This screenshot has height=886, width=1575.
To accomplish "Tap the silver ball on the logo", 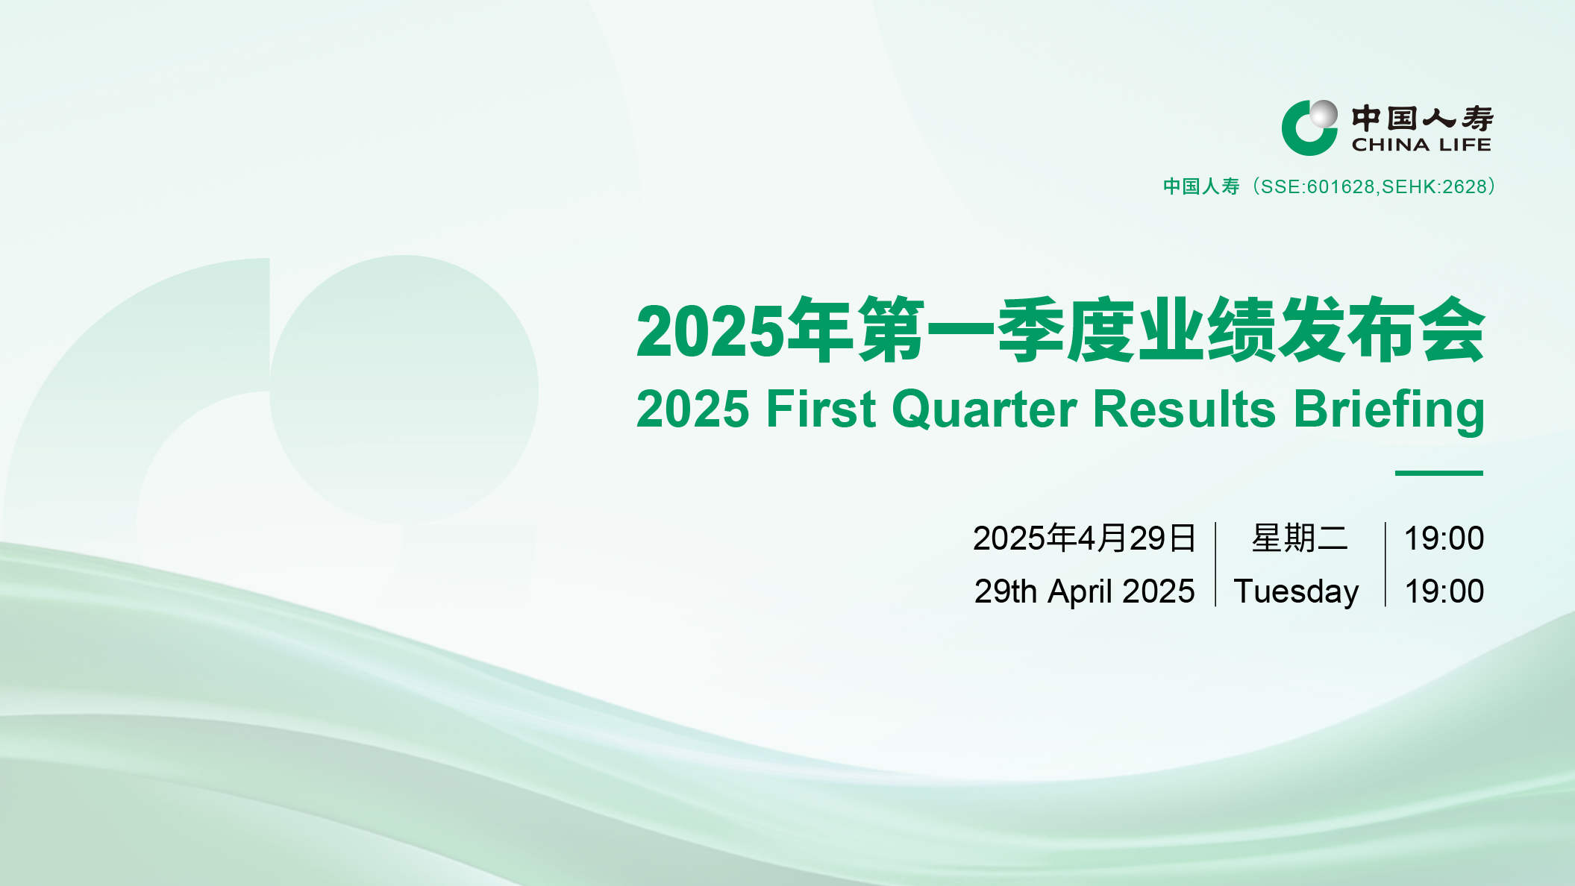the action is point(1324,114).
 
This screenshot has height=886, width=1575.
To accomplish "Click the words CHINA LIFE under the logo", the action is point(1421,145).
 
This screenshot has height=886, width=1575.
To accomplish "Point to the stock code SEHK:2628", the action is point(1435,186).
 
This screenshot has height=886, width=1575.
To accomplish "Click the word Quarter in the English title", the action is point(985,409).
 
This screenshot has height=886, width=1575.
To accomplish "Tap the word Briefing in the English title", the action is point(1389,409).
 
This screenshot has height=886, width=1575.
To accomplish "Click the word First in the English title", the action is point(821,409).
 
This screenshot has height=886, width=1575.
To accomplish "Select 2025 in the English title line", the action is point(693,409).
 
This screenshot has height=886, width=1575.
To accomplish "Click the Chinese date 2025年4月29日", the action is point(1085,538).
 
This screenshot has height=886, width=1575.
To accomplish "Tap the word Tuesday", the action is point(1297,592).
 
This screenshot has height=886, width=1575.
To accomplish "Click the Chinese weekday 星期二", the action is point(1300,538).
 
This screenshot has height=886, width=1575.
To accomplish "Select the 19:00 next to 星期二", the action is point(1444,538).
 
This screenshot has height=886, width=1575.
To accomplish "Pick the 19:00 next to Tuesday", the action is point(1444,591).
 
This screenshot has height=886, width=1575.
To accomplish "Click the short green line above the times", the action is point(1439,473).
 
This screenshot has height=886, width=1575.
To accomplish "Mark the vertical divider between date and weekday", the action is point(1215,565).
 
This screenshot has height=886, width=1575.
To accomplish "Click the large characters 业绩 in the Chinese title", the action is point(1206,330).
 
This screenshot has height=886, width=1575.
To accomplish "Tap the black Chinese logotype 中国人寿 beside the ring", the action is point(1422,118).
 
